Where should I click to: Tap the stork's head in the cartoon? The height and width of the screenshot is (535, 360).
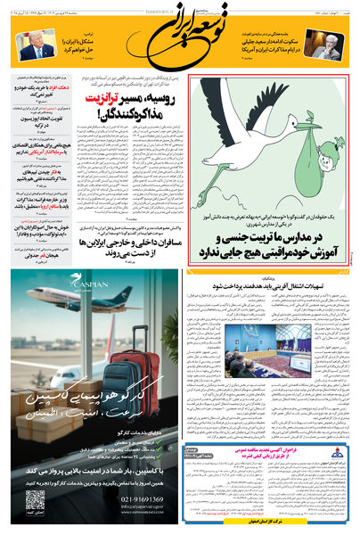click(214, 92)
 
